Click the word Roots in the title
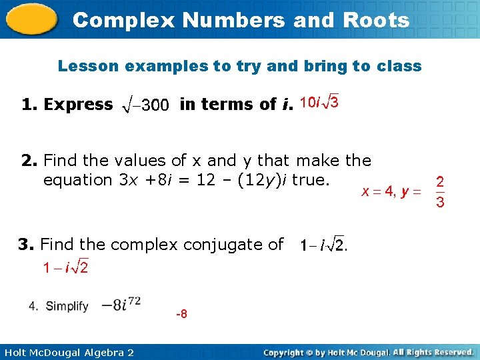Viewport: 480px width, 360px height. (x=379, y=20)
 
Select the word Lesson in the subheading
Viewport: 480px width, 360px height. (x=89, y=66)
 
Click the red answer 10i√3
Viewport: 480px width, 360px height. (x=319, y=102)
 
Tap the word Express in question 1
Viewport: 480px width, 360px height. (x=77, y=104)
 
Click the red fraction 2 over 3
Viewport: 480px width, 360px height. (x=440, y=192)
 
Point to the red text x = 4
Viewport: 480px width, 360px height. (x=377, y=192)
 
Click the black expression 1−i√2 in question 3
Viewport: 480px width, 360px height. (x=321, y=246)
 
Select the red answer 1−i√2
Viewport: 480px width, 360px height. (x=65, y=268)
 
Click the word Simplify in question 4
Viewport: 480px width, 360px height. (x=67, y=306)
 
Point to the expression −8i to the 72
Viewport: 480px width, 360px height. (x=121, y=305)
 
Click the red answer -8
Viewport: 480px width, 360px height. (x=181, y=313)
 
